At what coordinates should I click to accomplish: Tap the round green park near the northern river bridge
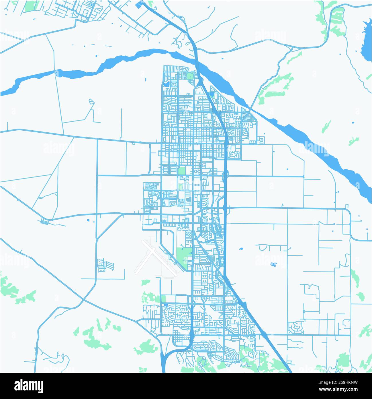click(190, 76)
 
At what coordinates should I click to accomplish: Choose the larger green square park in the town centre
click(181, 171)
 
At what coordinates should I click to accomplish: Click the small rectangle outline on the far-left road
click(44, 221)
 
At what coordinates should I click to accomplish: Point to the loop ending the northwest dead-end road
click(91, 101)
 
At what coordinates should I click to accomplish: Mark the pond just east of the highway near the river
click(212, 94)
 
